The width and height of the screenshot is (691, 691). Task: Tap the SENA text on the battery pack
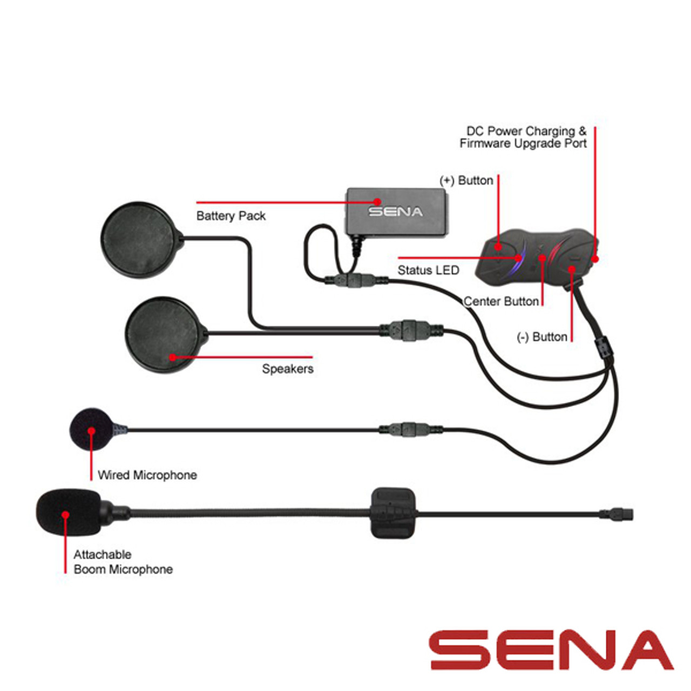395,212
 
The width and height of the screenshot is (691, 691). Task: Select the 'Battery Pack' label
231,216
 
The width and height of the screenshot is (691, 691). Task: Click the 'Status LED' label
428,270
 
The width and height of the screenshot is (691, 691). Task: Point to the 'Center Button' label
501,301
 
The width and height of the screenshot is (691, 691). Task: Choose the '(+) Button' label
466,180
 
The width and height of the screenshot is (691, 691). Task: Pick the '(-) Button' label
542,337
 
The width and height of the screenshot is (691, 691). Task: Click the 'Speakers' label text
287,369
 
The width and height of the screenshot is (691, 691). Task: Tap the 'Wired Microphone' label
147,475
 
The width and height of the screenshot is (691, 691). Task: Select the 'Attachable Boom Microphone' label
123,562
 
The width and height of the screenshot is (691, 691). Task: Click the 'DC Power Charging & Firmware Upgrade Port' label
523,137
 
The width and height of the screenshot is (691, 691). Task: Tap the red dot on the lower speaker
173,357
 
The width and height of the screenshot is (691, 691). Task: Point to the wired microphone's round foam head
91,429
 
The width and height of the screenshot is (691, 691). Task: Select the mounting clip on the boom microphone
394,512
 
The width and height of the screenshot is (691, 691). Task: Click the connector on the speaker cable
410,328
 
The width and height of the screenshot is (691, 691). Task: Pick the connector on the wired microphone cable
409,429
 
